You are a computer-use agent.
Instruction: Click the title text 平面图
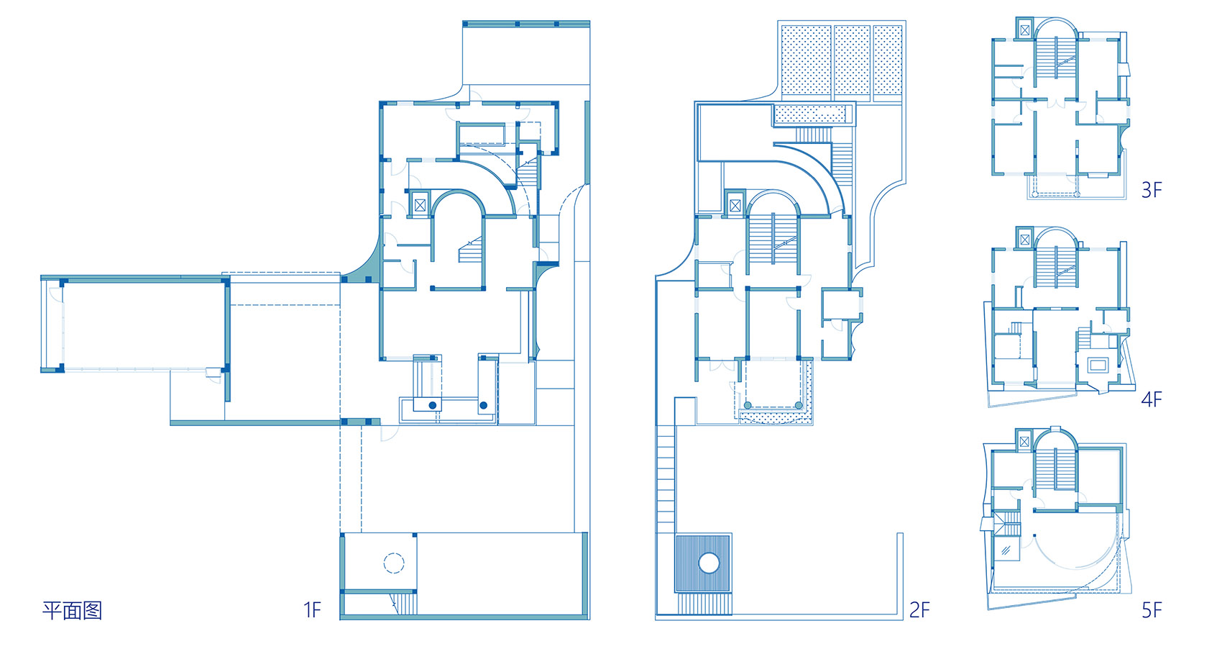72,610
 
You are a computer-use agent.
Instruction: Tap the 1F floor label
312,609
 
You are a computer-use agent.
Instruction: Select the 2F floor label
919,609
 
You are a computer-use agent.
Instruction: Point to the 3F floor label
1152,190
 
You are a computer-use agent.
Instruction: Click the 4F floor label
1152,399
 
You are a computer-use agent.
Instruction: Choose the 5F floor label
1152,609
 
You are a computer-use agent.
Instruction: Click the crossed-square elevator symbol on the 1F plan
420,205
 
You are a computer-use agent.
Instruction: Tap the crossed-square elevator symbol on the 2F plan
735,206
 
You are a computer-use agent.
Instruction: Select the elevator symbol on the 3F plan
1024,30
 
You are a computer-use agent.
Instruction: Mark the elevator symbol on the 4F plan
1024,240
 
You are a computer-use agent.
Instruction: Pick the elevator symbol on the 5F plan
1024,442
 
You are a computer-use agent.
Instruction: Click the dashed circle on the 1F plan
394,563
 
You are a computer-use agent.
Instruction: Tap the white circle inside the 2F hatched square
709,563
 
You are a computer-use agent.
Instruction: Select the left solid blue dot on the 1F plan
433,405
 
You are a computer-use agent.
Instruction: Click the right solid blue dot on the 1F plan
483,405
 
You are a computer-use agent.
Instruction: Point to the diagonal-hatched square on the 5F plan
1006,550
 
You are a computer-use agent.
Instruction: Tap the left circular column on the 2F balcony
748,405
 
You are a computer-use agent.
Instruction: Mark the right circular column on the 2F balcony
799,405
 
